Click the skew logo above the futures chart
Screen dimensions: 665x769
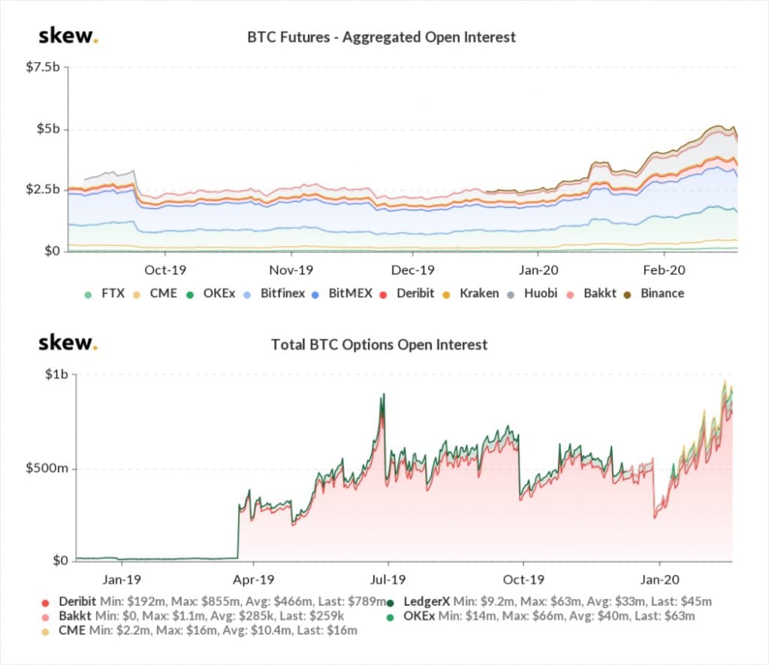pyautogui.click(x=68, y=36)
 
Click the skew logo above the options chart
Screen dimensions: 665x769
pyautogui.click(x=68, y=344)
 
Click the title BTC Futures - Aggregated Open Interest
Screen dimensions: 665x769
pyautogui.click(x=381, y=37)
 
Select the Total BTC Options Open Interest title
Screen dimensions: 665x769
pyautogui.click(x=379, y=345)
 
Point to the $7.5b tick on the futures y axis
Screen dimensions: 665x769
pyautogui.click(x=43, y=67)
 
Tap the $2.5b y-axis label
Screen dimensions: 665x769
pyautogui.click(x=43, y=189)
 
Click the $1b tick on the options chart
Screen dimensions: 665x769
pyautogui.click(x=55, y=375)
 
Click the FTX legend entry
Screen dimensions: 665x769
pyautogui.click(x=101, y=293)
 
